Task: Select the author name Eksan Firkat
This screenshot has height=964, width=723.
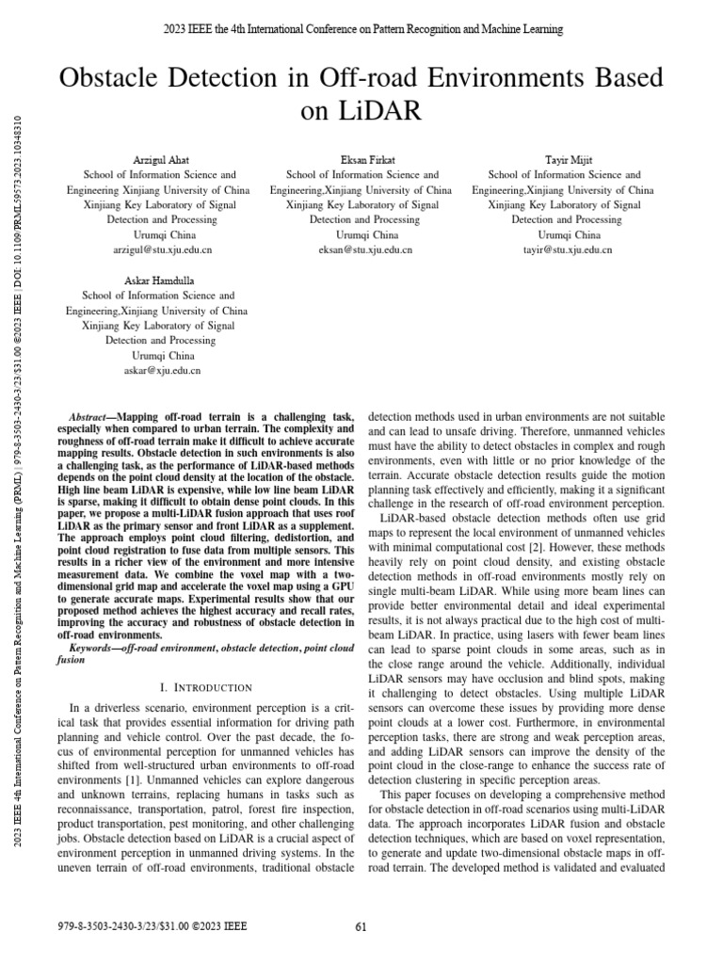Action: [x=361, y=160]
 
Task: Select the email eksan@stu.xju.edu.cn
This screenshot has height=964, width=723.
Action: [x=361, y=250]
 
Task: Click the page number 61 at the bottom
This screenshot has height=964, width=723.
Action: [x=361, y=926]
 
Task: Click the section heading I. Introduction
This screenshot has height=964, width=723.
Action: [x=206, y=687]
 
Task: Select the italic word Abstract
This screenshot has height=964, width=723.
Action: [x=91, y=416]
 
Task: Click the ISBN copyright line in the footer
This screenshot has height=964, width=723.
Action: [x=152, y=926]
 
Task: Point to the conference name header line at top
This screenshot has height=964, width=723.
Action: [x=361, y=30]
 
